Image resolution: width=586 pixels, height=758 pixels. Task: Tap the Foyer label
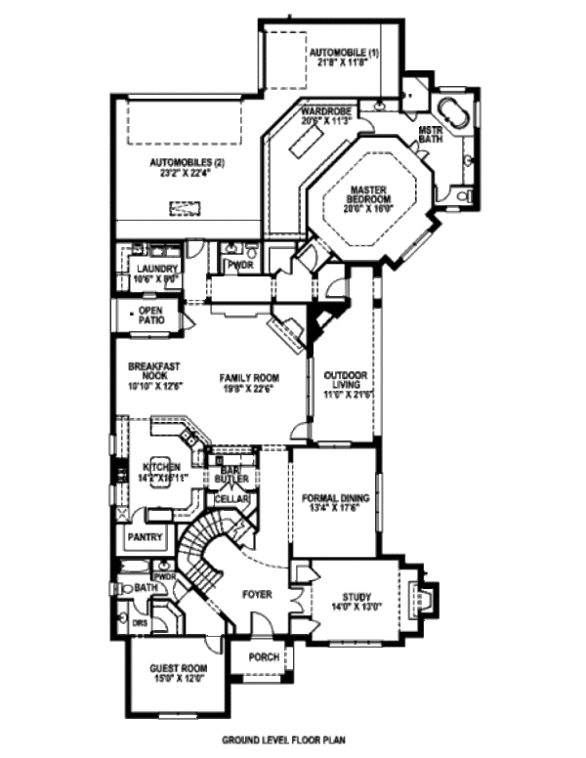pyautogui.click(x=258, y=594)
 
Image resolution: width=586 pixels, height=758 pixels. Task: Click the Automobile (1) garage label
pyautogui.click(x=344, y=57)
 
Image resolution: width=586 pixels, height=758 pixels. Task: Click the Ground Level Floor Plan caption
pyautogui.click(x=283, y=740)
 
